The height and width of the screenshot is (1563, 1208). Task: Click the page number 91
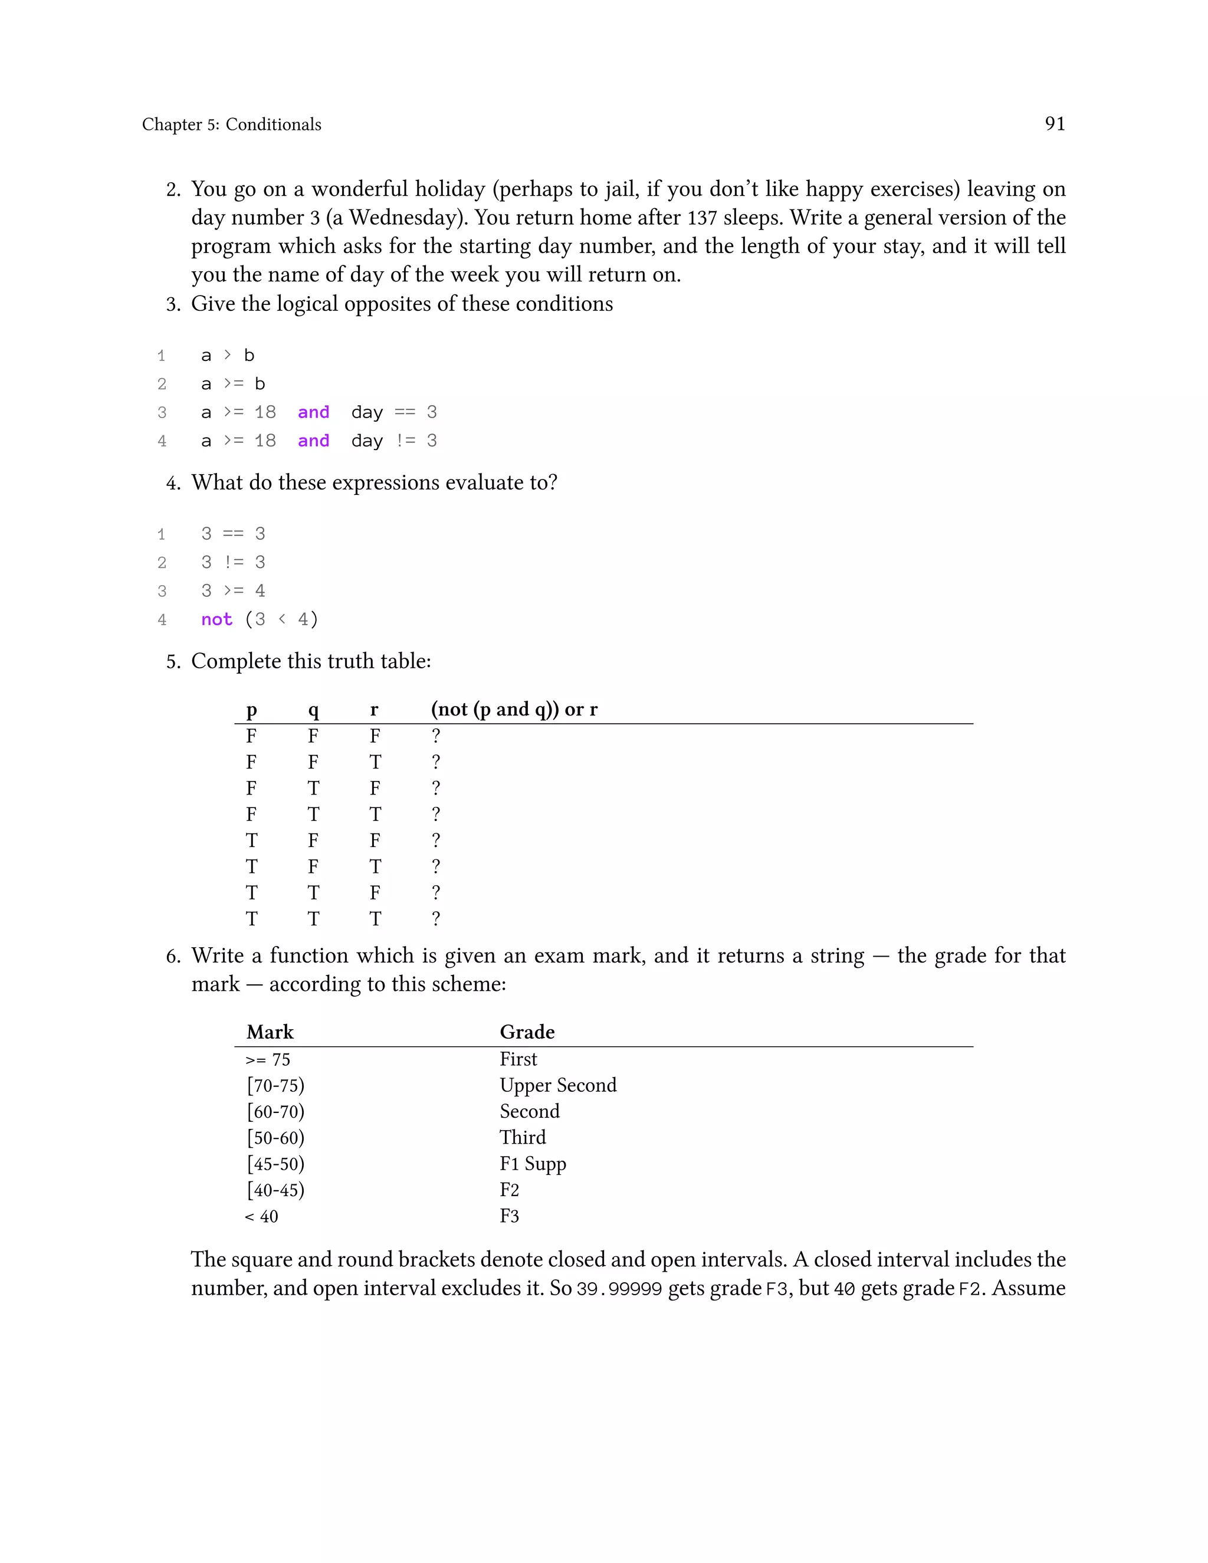tap(1054, 124)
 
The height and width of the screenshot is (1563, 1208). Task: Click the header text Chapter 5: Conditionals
tap(231, 124)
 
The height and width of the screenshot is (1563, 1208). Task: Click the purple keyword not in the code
tap(216, 619)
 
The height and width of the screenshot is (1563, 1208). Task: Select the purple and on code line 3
tap(313, 412)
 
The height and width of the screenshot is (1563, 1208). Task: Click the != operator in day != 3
tap(405, 441)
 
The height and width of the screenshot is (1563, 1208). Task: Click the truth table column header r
tap(373, 709)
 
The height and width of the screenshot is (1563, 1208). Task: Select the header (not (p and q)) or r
tap(514, 709)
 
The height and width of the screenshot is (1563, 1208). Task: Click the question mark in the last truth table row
tap(436, 918)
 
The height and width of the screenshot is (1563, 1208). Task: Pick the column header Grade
tap(527, 1032)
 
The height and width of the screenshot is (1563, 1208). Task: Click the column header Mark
tap(270, 1032)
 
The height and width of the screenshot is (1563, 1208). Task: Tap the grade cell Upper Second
tap(557, 1085)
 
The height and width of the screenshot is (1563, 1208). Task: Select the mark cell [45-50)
tap(275, 1164)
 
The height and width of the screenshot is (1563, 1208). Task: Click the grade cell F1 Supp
tap(533, 1164)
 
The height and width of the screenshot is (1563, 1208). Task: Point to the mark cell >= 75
tap(268, 1060)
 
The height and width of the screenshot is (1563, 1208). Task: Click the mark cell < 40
tap(261, 1217)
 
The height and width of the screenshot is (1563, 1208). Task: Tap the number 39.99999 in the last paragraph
tap(619, 1289)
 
